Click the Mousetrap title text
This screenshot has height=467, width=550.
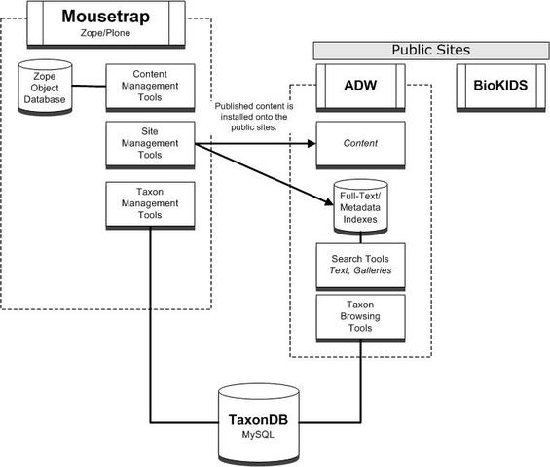coord(105,17)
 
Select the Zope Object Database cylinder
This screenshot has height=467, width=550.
coord(45,88)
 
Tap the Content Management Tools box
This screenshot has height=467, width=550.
coord(150,88)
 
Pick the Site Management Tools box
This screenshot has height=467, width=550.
coord(150,145)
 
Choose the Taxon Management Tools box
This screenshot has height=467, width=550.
coord(150,205)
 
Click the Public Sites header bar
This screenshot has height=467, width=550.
coord(431,51)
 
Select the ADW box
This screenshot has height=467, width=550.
coord(360,88)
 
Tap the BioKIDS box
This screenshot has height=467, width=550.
coord(500,88)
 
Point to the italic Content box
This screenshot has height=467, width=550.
coord(360,145)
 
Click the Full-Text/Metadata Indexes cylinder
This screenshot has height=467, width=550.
coord(360,207)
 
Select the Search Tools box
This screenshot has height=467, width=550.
coord(360,267)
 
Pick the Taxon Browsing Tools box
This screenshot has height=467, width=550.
coord(360,318)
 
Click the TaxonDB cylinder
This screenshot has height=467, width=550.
coord(259,424)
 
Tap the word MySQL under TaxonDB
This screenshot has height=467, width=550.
coord(258,435)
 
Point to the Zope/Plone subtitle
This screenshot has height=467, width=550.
coord(105,33)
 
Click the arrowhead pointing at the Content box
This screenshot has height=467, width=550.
coord(312,143)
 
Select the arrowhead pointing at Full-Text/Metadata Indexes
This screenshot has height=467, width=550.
coord(329,201)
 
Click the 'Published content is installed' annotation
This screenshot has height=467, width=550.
coord(254,117)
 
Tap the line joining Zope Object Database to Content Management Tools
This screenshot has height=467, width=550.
coord(90,86)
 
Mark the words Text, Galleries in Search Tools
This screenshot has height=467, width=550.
coord(360,270)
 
